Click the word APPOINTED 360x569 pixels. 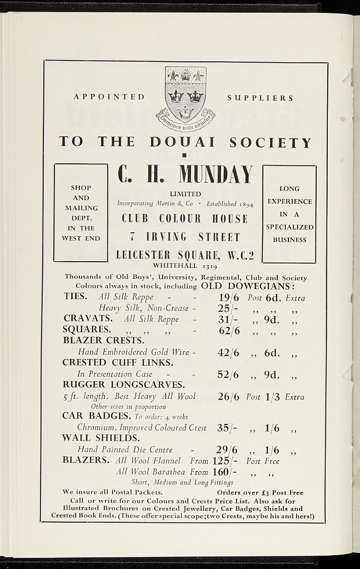(109, 97)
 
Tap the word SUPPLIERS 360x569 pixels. (260, 98)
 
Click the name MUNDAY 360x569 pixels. (216, 174)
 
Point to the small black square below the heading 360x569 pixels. (185, 156)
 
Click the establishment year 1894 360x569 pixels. (244, 204)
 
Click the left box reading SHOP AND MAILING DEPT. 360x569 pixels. (81, 213)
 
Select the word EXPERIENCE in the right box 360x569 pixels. (289, 201)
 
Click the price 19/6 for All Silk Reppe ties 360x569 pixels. (228, 297)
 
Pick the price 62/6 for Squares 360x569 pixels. (228, 331)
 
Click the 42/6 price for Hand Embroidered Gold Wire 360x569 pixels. (228, 352)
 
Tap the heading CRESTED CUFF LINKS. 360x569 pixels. (118, 362)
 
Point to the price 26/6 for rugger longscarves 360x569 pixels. (228, 397)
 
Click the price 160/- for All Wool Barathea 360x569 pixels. (225, 472)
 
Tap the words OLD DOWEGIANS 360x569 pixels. (247, 286)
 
